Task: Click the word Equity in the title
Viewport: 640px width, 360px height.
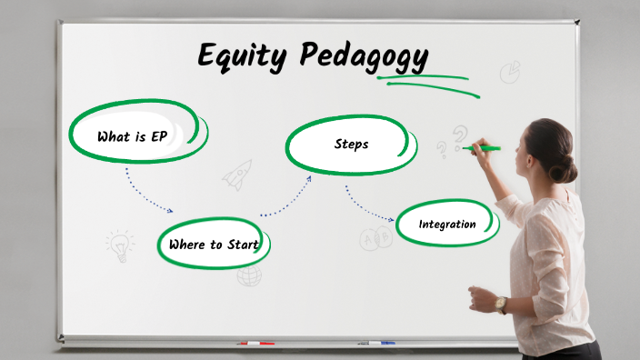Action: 244,56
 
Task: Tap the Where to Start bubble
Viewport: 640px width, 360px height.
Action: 214,244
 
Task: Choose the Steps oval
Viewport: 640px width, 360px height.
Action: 351,145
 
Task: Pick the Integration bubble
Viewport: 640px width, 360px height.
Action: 447,224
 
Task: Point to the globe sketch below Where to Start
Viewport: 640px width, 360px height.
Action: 249,275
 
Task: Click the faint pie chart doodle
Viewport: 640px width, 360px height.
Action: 510,71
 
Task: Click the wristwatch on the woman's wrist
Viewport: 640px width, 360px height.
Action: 502,305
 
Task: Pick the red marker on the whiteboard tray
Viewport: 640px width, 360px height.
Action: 255,344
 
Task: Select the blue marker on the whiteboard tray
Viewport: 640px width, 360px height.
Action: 376,343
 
